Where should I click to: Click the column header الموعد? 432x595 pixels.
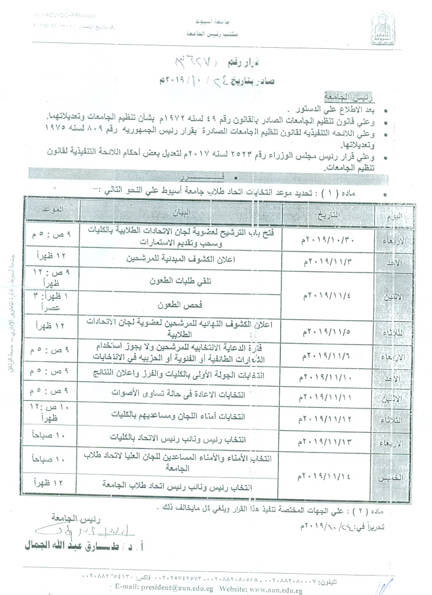pos(52,209)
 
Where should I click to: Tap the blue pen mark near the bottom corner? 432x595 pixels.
pos(383,584)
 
